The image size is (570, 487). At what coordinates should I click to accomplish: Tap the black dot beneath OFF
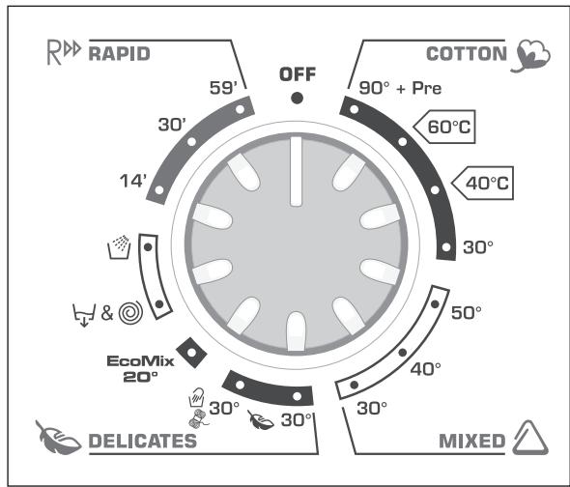pyautogui.click(x=297, y=98)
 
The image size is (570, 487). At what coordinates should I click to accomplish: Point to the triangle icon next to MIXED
pyautogui.click(x=530, y=441)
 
